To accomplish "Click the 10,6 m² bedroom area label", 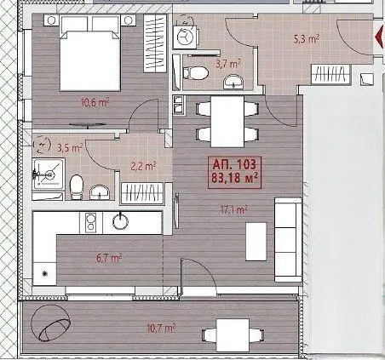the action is point(95,103).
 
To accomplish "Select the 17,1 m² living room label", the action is point(234,210).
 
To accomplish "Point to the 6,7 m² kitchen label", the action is point(109,258).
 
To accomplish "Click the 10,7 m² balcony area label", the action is point(161,329).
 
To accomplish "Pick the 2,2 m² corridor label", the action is point(143,166).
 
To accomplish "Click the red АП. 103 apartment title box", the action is point(234,172).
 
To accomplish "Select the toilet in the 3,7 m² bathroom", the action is point(195,73).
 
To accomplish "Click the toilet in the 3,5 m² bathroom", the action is point(76,186).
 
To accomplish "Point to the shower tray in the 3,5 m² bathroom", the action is point(49,174).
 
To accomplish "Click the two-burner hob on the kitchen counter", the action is point(91,222).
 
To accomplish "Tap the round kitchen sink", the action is point(120,220).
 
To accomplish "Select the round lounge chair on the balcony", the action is point(51,323).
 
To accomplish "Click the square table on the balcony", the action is point(233,335).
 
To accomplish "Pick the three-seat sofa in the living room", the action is point(288,240).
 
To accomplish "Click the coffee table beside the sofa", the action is point(256,242).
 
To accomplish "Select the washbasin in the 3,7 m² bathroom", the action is point(233,82).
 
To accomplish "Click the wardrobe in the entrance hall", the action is point(331,75).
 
